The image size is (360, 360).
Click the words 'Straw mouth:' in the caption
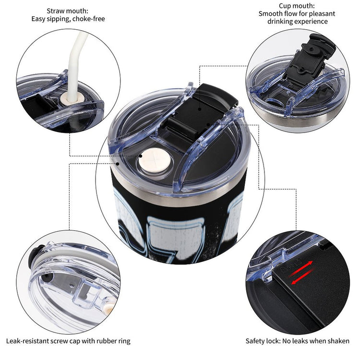pos(67,11)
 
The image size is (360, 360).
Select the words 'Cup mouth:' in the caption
pos(297,6)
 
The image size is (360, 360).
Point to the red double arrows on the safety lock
pos(301,272)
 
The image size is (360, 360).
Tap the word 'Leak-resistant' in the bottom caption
pos(25,341)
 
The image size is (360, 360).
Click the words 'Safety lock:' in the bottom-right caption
pos(263,341)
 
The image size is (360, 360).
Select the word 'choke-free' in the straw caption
pos(89,19)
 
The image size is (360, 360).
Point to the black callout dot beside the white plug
pos(140,156)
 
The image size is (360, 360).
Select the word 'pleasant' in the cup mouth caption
pos(322,14)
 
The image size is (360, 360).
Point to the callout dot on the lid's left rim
pos(118,164)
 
